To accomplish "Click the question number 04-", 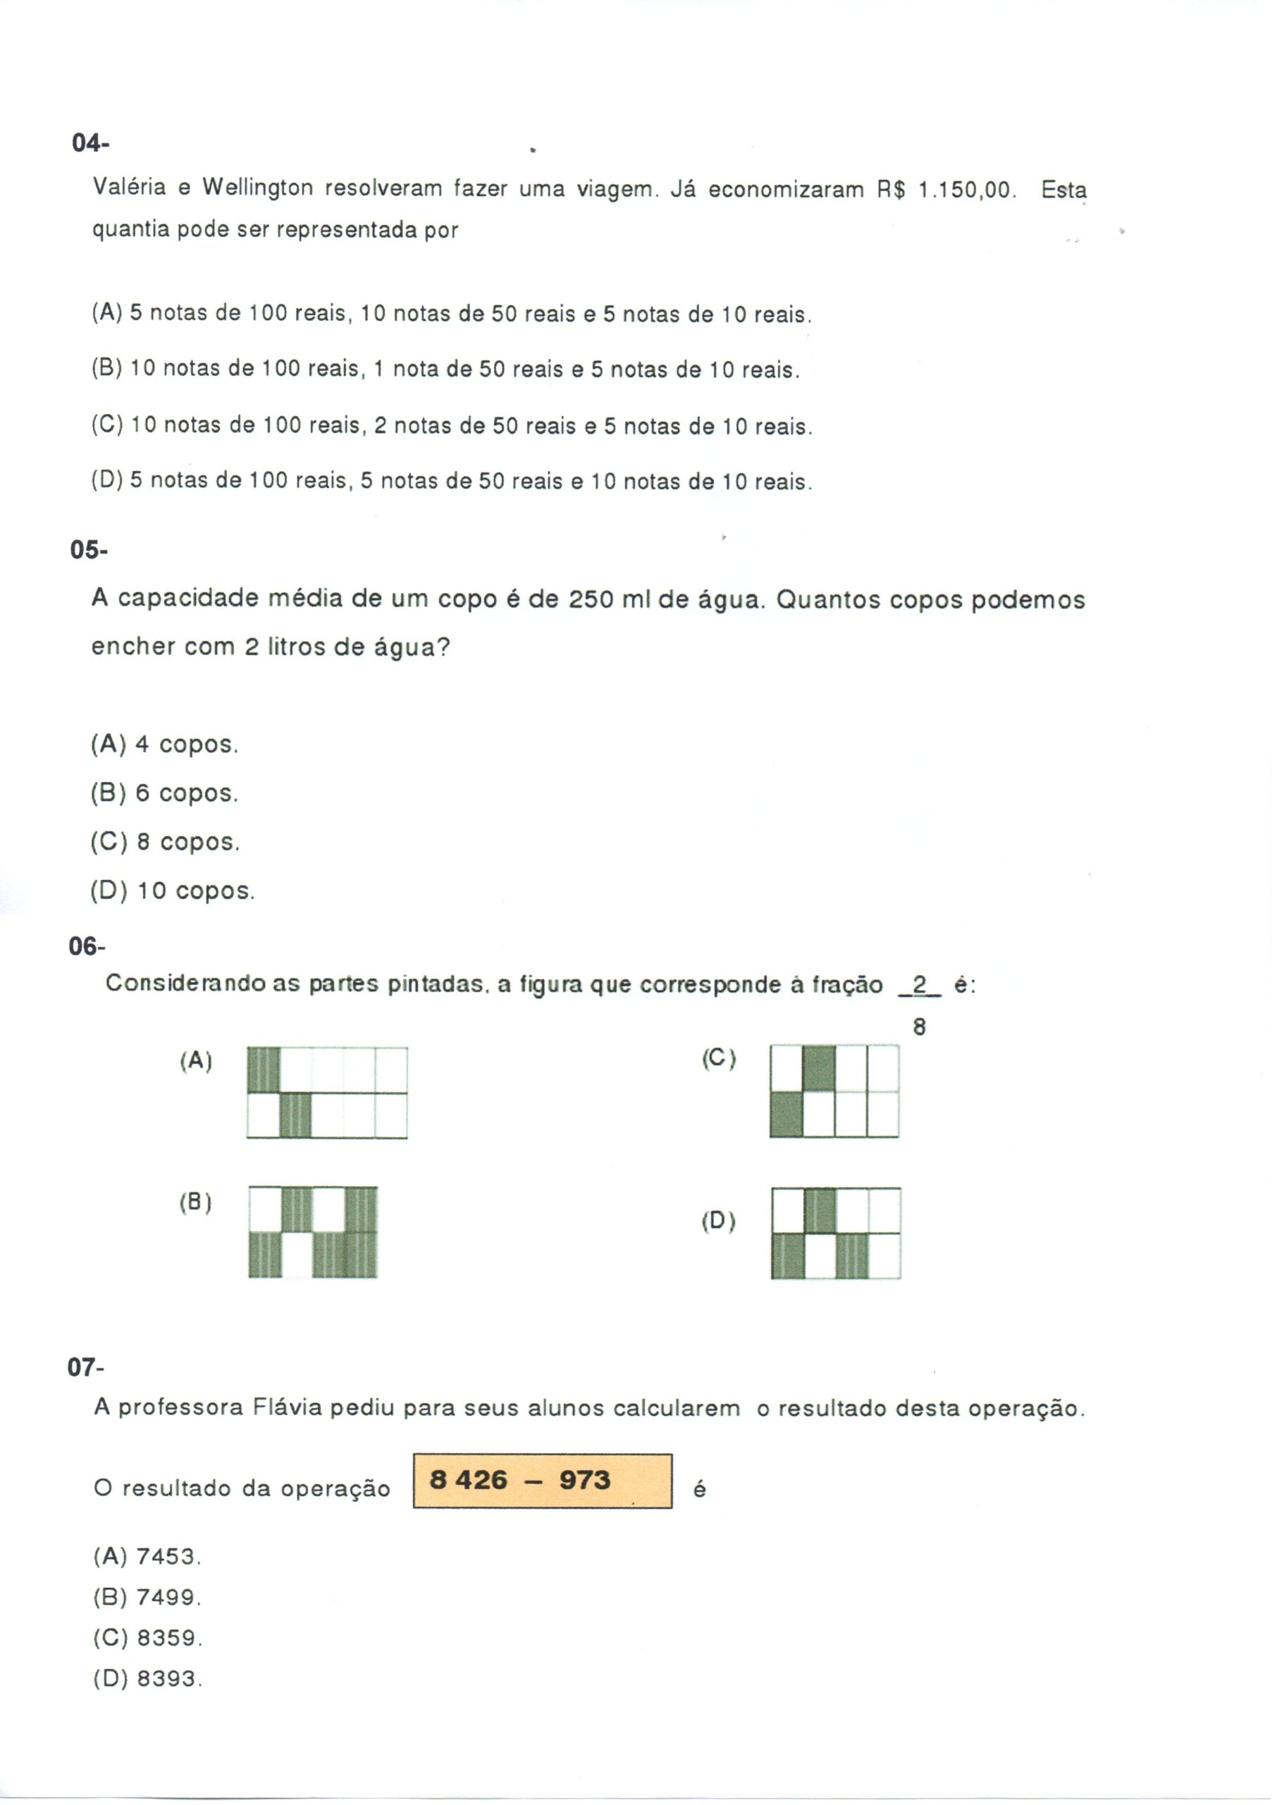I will pyautogui.click(x=90, y=144).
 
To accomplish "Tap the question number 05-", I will pyautogui.click(x=89, y=550).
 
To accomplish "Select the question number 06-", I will pyautogui.click(x=87, y=946).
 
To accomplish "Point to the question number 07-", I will pyautogui.click(x=86, y=1368).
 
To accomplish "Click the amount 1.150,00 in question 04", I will pyautogui.click(x=966, y=190).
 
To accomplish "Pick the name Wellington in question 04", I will pyautogui.click(x=258, y=188).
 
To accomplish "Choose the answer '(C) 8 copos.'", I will pyautogui.click(x=165, y=843).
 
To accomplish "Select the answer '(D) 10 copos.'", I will pyautogui.click(x=173, y=891).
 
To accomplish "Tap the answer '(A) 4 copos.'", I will pyautogui.click(x=164, y=744).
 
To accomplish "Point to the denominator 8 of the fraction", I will pyautogui.click(x=919, y=1027).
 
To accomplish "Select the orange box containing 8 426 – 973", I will pyautogui.click(x=542, y=1481).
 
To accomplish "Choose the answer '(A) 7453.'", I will pyautogui.click(x=148, y=1557).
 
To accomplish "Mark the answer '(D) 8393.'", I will pyautogui.click(x=148, y=1679).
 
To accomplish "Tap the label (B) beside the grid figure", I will pyautogui.click(x=196, y=1203).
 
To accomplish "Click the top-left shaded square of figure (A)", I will pyautogui.click(x=264, y=1070).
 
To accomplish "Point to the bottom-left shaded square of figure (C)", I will pyautogui.click(x=786, y=1115).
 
